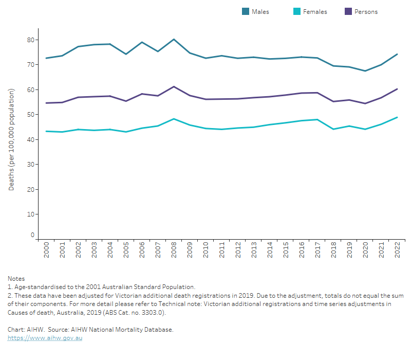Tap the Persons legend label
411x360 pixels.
pos(366,11)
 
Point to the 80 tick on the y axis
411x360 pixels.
pos(31,40)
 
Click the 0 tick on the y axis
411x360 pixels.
pos(32,235)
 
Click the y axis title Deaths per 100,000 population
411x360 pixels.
pos(11,139)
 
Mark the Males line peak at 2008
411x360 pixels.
pos(174,39)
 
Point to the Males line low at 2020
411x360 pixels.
pos(365,71)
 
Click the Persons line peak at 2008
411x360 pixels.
pos(174,86)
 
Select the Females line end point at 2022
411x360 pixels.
pos(397,117)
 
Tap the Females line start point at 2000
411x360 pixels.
pos(46,131)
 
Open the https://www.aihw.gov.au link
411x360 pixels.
pos(45,338)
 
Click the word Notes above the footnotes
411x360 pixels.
pos(16,278)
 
